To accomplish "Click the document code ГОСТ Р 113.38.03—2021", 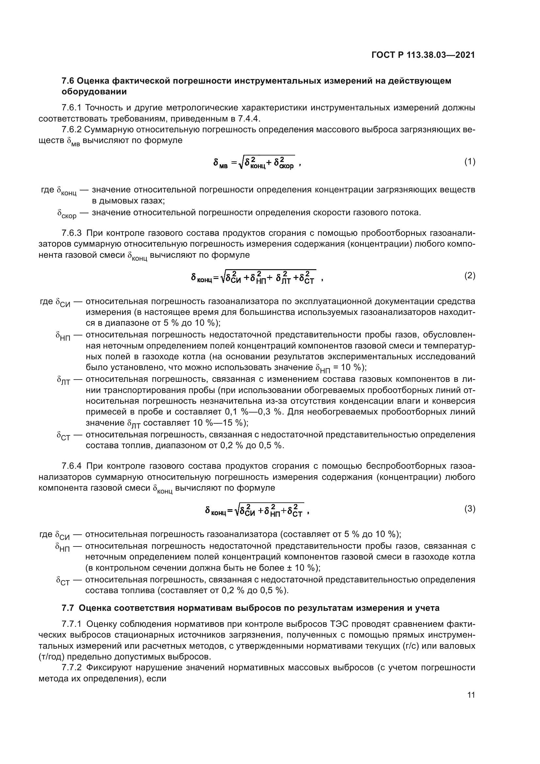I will click(423, 55).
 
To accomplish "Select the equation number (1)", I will click(469, 162).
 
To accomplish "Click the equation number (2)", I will click(469, 276).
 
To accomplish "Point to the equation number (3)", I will click(469, 509).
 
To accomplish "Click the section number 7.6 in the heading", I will click(69, 81).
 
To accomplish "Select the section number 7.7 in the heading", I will click(69, 608).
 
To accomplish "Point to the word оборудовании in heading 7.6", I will click(94, 92).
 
